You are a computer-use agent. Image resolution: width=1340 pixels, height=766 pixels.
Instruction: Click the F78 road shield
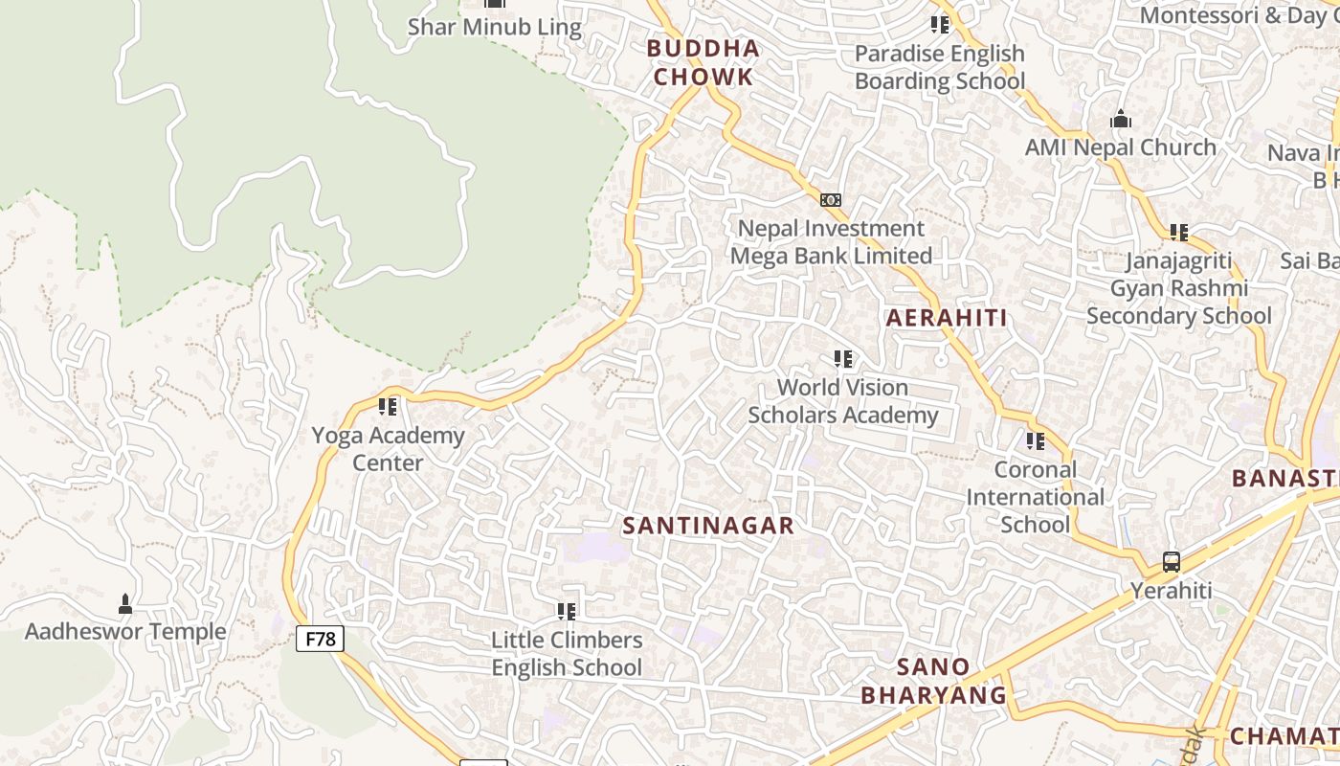[320, 639]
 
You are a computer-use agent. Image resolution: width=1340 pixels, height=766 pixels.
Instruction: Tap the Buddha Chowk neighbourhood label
[703, 62]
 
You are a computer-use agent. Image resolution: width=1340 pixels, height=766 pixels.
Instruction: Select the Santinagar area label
[708, 526]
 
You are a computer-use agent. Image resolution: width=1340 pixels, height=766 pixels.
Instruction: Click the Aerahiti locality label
[947, 318]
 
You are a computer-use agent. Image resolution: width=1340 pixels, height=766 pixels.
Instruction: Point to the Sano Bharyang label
[933, 681]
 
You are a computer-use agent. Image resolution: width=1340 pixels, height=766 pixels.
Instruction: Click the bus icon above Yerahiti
[1172, 562]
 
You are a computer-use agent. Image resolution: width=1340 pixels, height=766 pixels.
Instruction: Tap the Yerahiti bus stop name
[1172, 591]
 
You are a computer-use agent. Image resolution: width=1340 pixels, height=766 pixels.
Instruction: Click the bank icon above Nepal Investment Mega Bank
[831, 200]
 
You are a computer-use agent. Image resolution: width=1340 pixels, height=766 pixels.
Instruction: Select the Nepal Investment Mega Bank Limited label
[831, 242]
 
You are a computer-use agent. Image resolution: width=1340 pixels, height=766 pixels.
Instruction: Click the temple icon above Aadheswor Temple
[124, 603]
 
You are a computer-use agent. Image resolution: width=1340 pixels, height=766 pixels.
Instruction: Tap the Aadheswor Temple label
[125, 632]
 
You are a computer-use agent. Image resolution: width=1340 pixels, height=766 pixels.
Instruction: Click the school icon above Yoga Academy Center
[388, 407]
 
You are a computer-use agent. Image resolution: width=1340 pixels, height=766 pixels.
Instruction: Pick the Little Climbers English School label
[567, 653]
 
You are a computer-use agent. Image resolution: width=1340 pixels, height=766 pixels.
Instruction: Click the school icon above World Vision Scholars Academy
[843, 359]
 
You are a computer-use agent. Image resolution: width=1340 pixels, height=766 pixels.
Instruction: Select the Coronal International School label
[1035, 497]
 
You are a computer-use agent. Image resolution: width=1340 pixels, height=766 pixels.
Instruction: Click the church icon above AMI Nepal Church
[1121, 120]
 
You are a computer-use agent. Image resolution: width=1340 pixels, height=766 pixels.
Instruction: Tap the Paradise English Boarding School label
[939, 67]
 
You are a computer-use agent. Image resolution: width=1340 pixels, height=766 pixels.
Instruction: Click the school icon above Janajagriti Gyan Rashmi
[1179, 232]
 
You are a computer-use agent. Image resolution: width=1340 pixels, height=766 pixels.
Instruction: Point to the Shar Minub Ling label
[494, 27]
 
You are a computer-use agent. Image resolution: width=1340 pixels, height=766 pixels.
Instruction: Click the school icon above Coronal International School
[1036, 441]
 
